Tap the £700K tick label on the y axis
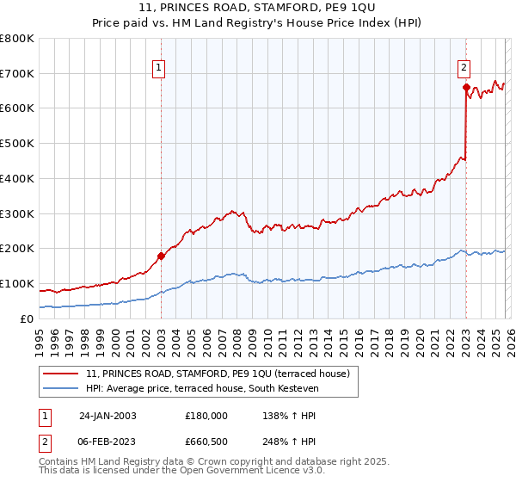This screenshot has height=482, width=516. coord(17,74)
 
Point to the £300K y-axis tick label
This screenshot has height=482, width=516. coord(17,213)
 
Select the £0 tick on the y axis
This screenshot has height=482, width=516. coord(28,318)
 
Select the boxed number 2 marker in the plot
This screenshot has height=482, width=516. coord(464,67)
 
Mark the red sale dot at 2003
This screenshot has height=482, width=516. coord(161,256)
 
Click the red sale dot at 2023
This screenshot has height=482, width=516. coord(466,87)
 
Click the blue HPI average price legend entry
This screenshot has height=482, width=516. coord(202,389)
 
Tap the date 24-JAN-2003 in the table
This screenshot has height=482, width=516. coord(107,416)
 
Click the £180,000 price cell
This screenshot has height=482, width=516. coord(206,416)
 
